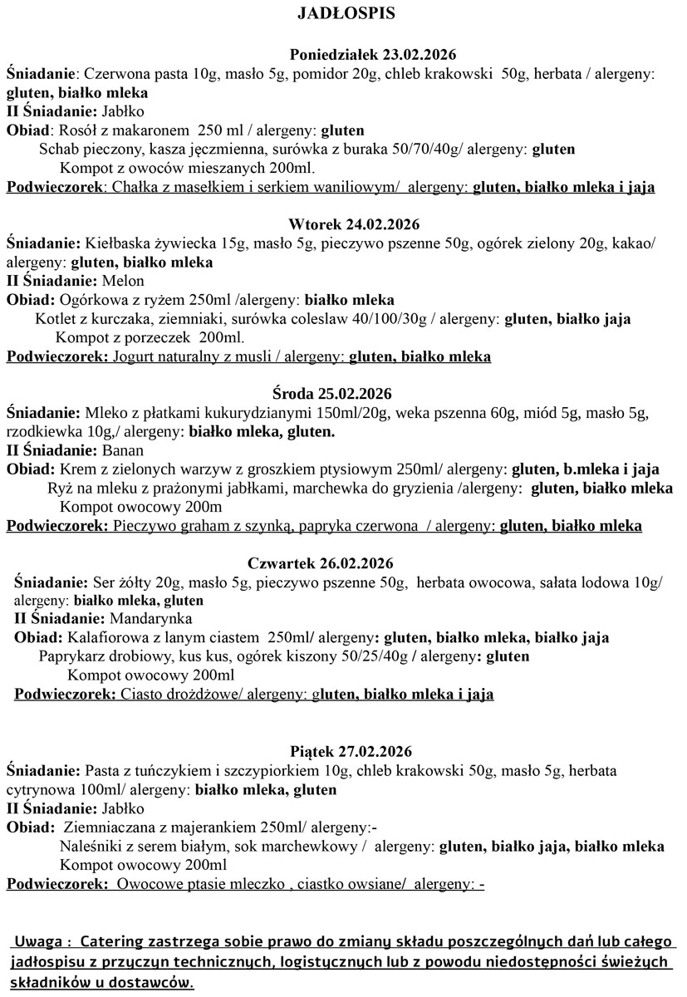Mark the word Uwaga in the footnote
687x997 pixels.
[x=38, y=944]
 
